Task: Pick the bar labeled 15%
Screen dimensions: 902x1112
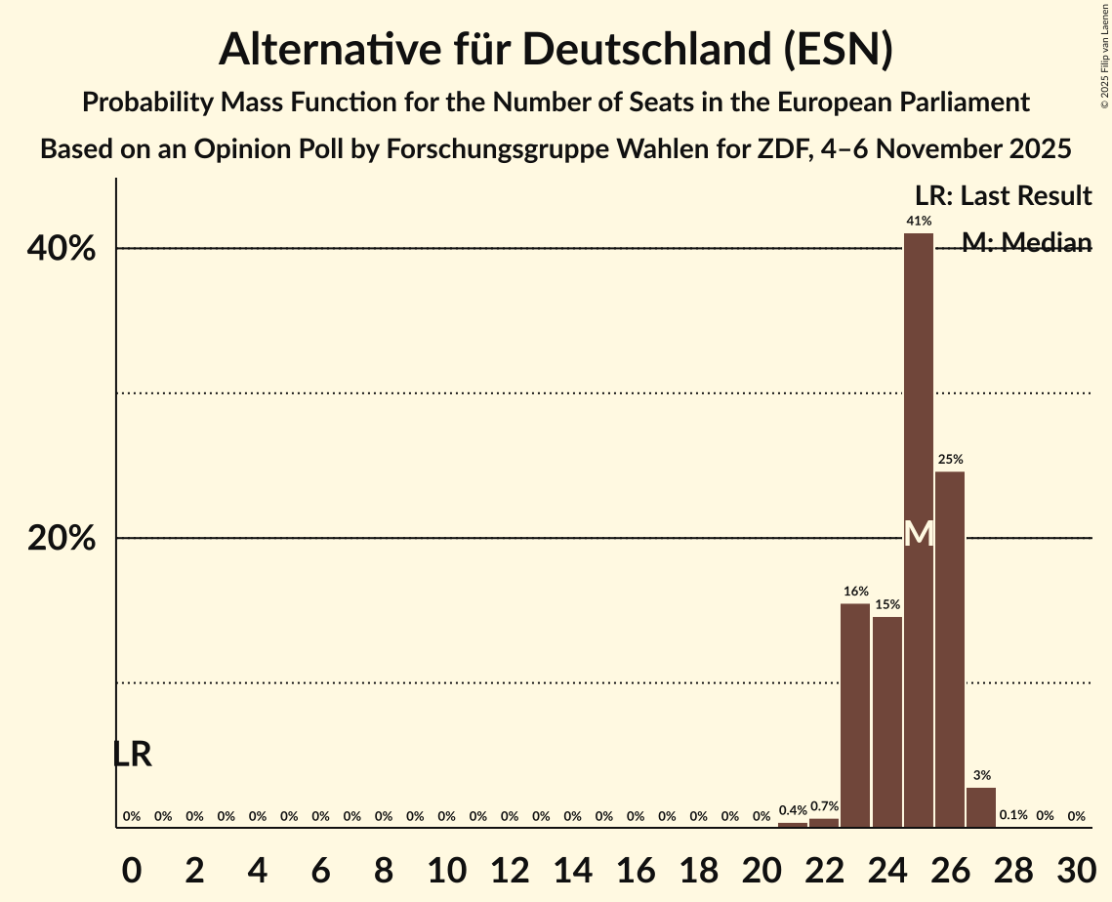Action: click(886, 721)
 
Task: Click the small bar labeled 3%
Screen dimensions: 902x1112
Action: click(981, 806)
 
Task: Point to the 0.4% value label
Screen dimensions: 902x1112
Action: click(793, 810)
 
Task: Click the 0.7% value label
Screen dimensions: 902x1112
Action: click(824, 806)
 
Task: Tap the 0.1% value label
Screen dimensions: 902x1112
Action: click(1013, 815)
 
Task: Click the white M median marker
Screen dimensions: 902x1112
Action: click(919, 534)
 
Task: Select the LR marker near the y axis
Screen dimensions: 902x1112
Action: click(133, 755)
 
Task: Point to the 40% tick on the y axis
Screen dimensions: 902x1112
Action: click(62, 249)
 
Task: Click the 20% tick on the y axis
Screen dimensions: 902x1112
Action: click(62, 539)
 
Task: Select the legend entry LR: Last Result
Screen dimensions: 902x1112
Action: click(1003, 196)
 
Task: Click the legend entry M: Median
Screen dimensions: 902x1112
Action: click(1025, 242)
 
